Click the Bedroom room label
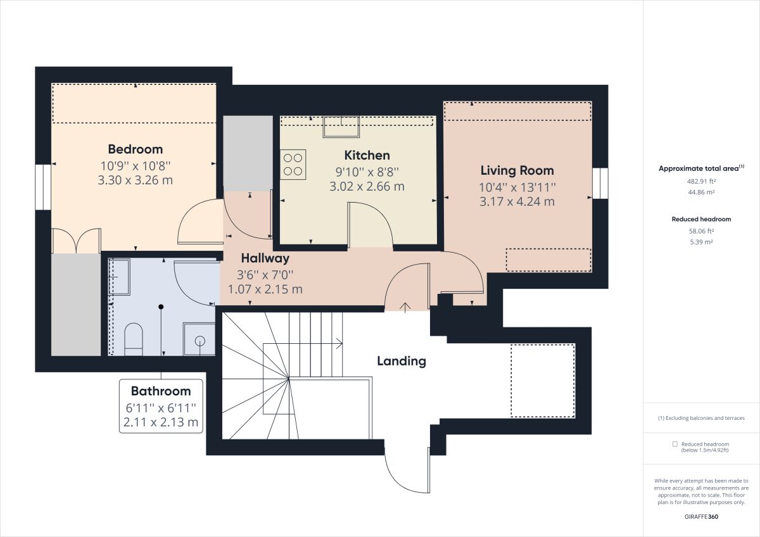135,149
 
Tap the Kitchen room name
367,155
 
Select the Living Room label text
517,170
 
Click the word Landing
401,362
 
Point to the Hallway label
265,258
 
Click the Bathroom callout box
161,406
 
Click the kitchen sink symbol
341,127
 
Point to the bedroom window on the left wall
42,187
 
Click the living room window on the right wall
600,183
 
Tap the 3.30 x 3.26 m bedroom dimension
135,180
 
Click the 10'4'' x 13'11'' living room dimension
517,187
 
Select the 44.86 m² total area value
701,192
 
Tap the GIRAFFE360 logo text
701,517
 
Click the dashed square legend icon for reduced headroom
675,445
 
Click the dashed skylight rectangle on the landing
542,380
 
